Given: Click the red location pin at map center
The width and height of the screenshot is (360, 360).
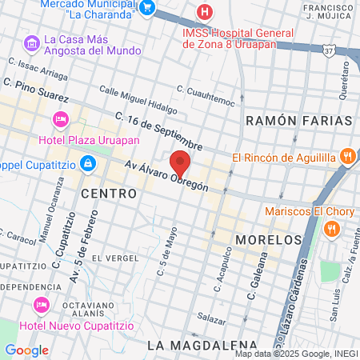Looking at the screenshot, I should coord(180,163).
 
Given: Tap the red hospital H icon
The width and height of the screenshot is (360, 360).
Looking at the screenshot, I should coord(206,13).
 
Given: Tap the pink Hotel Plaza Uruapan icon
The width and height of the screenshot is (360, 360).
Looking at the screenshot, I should coord(59,119).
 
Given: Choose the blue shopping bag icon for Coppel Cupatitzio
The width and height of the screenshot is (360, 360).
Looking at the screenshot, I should coord(88,164).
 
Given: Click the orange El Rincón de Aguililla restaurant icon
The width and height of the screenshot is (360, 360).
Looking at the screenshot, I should coord(346,156).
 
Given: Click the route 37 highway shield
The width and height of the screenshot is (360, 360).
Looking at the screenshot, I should coord(329,51).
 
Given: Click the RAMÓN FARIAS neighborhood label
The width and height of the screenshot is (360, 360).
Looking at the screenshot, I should coord(298,120).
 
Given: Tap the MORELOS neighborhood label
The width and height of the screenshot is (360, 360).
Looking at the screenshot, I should coord(269,239).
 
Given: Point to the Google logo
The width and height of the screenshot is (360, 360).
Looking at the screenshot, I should coord(26,350).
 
